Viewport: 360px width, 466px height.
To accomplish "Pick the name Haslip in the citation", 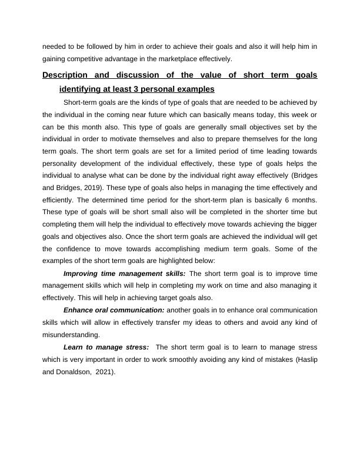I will tap(305, 360).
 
